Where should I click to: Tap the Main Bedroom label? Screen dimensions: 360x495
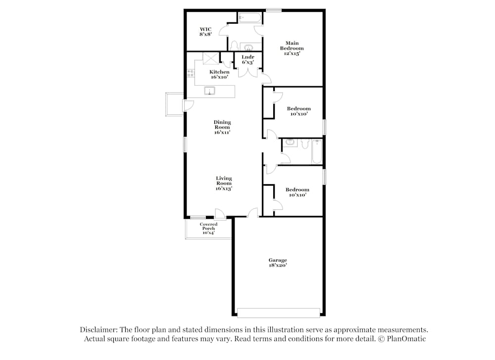click(292, 48)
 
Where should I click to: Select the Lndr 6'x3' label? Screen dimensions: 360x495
click(248, 59)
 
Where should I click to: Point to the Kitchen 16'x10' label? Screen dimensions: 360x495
click(219, 74)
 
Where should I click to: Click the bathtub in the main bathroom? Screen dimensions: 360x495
click(249, 18)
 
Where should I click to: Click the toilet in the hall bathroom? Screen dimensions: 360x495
click(304, 143)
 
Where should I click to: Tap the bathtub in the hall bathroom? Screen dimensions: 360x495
click(317, 152)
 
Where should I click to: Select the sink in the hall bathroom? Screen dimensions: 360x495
click(291, 143)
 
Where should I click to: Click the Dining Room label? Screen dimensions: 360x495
click(222, 127)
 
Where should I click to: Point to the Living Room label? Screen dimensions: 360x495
click(224, 183)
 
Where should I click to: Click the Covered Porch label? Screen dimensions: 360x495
click(208, 228)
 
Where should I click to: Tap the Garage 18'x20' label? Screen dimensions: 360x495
click(278, 262)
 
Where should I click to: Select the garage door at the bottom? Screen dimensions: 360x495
click(278, 313)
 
